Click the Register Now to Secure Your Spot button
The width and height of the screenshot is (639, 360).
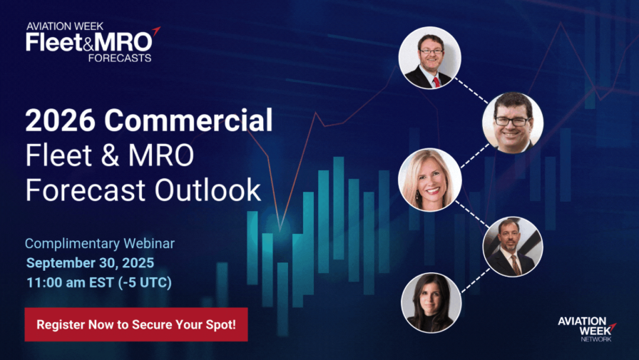click(x=136, y=324)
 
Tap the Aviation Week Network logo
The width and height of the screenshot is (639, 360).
click(x=587, y=329)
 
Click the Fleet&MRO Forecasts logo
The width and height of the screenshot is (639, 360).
click(x=93, y=42)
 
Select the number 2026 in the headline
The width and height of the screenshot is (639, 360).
click(x=60, y=120)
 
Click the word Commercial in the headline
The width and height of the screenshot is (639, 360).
click(x=188, y=120)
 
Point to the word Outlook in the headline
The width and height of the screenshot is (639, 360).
click(x=208, y=190)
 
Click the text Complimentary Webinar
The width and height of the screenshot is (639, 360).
click(x=100, y=244)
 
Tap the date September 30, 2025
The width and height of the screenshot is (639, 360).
click(x=90, y=262)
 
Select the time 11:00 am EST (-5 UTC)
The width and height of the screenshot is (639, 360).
click(x=99, y=282)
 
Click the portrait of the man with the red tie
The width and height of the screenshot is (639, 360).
click(x=430, y=58)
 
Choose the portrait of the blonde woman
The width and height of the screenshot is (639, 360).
click(x=430, y=180)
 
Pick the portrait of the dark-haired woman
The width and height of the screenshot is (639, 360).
click(x=431, y=302)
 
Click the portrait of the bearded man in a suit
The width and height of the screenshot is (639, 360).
click(x=513, y=247)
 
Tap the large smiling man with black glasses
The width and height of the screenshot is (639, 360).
click(x=513, y=123)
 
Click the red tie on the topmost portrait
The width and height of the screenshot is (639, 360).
click(x=436, y=82)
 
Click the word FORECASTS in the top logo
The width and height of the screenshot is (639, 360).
click(x=120, y=58)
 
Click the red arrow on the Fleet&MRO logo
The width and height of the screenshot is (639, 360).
click(x=155, y=31)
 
